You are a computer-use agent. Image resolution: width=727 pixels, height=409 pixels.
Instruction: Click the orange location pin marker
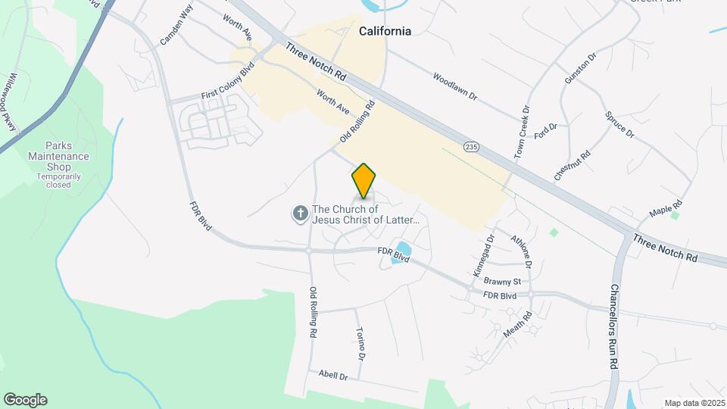pos(364,181)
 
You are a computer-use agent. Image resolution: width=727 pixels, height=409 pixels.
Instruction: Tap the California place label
pos(385,31)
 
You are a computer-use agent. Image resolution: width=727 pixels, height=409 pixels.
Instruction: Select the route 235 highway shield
pos(472,145)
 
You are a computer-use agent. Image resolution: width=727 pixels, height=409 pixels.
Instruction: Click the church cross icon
pos(300,214)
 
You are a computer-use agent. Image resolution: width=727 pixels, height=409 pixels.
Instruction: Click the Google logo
pos(25,400)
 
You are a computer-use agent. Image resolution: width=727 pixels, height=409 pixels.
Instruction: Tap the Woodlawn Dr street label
pos(455,87)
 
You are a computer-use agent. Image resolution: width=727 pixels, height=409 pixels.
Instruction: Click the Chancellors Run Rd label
pos(613,326)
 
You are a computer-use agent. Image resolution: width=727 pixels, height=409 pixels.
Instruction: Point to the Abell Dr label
pos(332,375)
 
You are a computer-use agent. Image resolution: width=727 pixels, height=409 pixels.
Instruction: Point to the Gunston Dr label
pos(581,68)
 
